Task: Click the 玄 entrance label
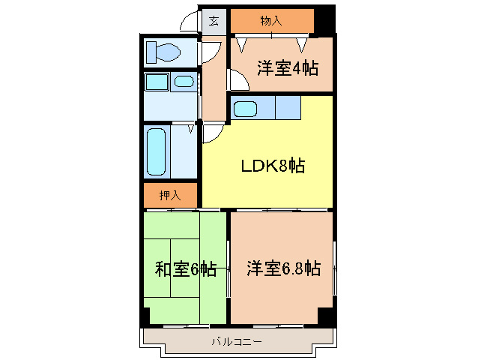(214, 21)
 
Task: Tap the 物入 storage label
(270, 21)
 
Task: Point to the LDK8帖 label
(272, 166)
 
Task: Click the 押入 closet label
(170, 196)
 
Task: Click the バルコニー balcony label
(236, 342)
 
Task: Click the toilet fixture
(164, 52)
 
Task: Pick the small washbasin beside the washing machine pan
(182, 82)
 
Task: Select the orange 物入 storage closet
(270, 21)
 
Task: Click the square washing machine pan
(156, 82)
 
